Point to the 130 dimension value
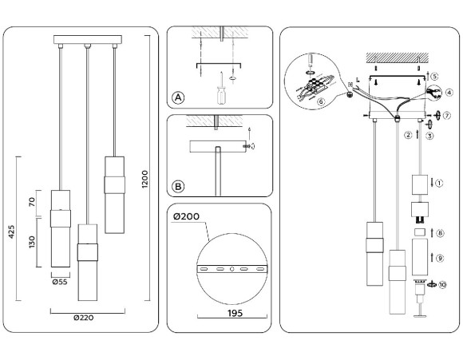click(x=32, y=242)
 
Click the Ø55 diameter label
click(x=58, y=281)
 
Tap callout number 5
click(x=434, y=77)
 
